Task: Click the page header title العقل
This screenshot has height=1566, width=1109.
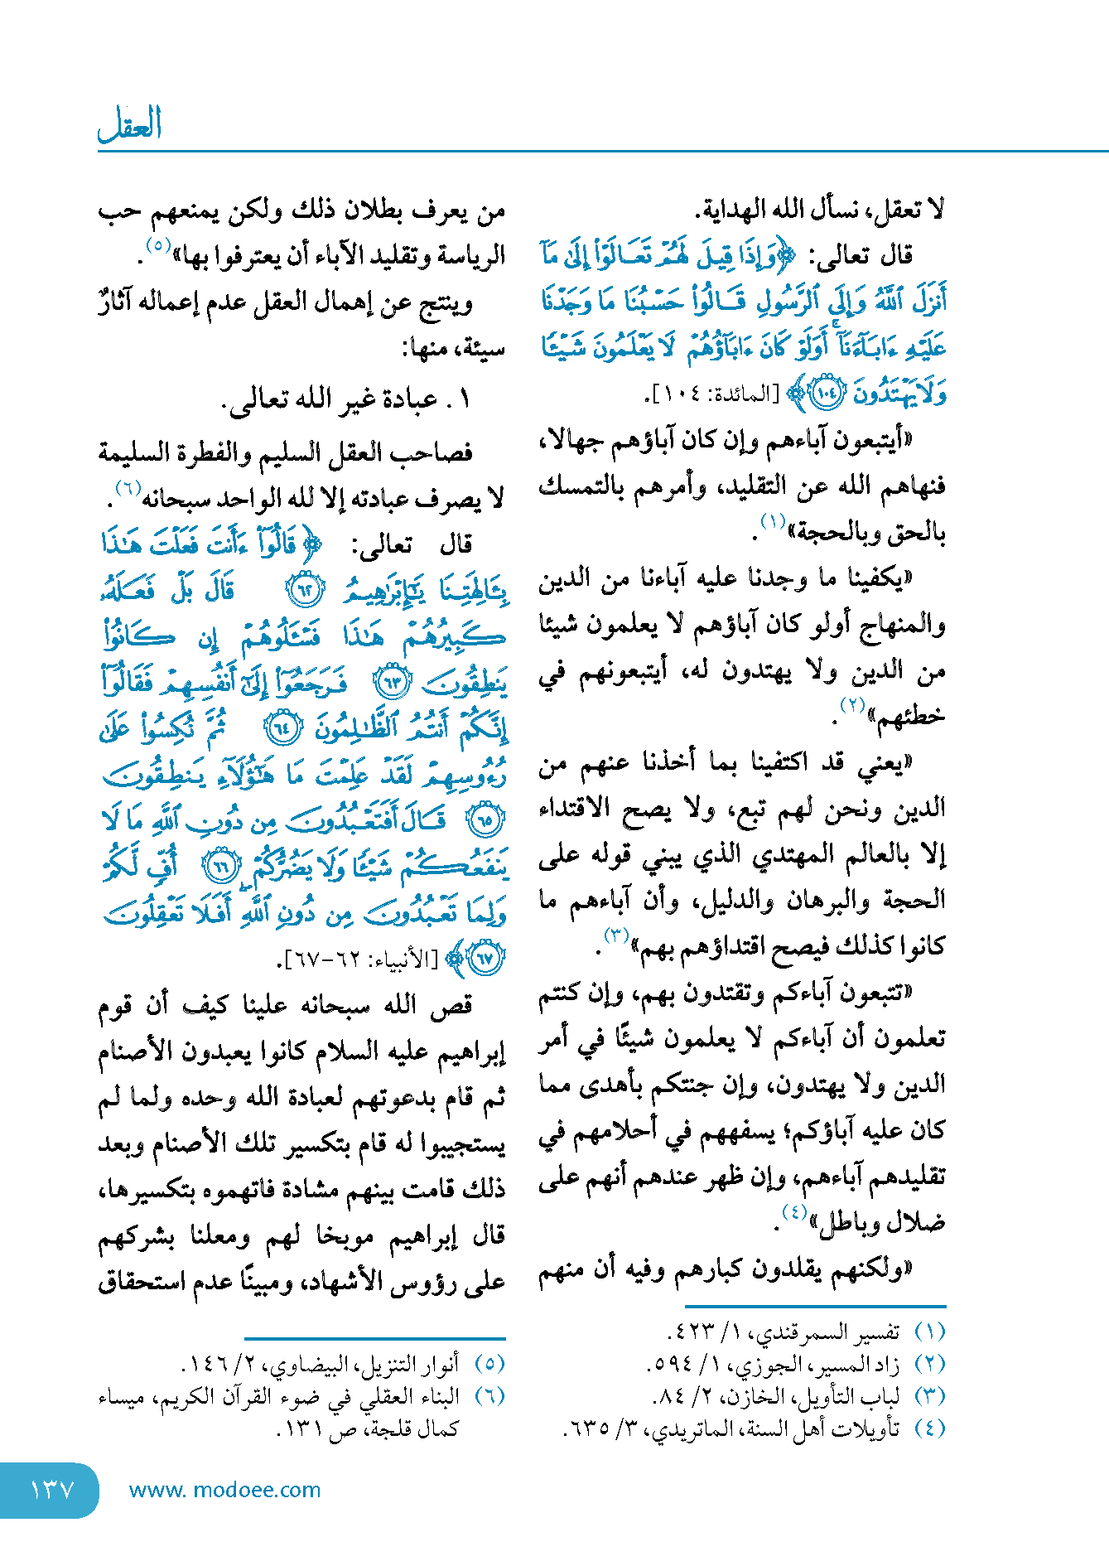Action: (129, 125)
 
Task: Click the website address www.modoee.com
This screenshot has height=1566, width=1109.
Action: (224, 1490)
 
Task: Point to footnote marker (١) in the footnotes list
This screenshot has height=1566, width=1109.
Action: (929, 1332)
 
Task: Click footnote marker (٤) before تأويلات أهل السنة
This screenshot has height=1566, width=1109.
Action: (929, 1428)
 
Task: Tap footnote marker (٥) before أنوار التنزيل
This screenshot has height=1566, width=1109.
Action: (489, 1364)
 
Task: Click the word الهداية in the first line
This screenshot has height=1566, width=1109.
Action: (735, 210)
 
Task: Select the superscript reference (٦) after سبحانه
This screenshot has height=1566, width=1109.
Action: (128, 490)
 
